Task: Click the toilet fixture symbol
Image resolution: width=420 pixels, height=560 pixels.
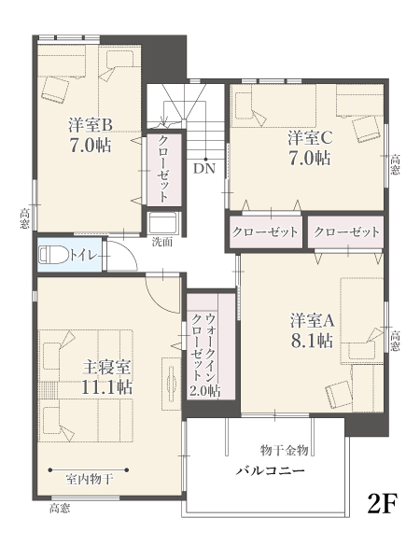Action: [x=54, y=255]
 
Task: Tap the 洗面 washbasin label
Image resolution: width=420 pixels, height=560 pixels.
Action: [x=162, y=242]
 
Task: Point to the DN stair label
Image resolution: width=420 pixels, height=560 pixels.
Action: [x=204, y=168]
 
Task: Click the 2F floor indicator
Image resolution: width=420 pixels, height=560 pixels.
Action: [x=383, y=503]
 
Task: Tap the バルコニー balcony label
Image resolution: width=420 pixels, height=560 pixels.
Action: [x=271, y=470]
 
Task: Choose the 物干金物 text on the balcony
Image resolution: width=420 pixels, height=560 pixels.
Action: [x=285, y=450]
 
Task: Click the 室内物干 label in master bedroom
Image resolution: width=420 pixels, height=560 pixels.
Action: [x=90, y=479]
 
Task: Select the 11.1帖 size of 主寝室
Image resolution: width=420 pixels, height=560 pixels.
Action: [x=106, y=386]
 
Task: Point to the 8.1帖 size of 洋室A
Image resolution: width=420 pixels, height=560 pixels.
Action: [x=312, y=341]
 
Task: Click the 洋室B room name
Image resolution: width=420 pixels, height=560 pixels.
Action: [x=91, y=125]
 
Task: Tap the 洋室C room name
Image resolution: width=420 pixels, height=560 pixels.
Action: [x=311, y=138]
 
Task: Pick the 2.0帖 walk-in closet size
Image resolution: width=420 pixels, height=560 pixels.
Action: [x=204, y=391]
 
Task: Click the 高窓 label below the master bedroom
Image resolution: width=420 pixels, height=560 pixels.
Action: [x=60, y=508]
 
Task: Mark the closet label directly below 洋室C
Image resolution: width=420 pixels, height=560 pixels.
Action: [x=265, y=232]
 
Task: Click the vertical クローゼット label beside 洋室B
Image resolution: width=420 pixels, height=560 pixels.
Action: [x=163, y=169]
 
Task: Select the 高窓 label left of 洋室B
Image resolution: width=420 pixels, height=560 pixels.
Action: [x=24, y=218]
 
